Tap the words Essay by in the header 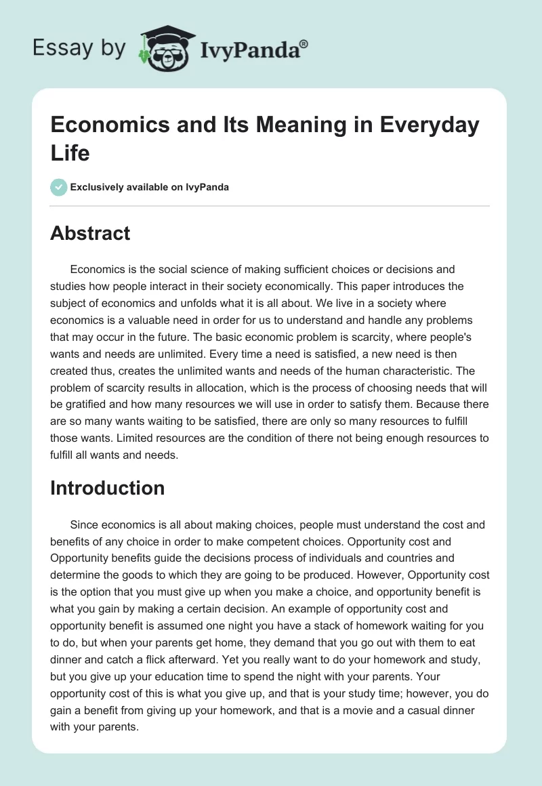point(79,47)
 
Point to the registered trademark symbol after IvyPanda point(304,43)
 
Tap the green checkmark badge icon point(59,188)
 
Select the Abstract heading point(90,233)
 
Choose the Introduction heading point(107,488)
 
